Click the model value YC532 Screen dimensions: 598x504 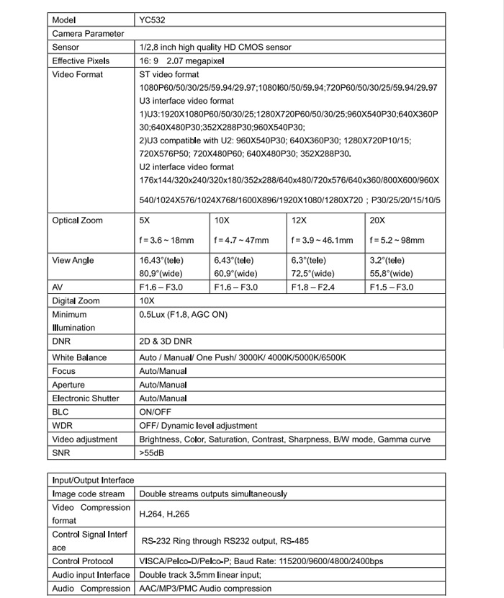(x=150, y=20)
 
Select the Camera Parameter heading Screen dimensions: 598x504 (x=88, y=34)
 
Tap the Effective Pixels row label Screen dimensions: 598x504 (x=81, y=61)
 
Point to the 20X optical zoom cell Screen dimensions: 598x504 (x=377, y=220)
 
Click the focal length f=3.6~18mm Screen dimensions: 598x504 (x=166, y=241)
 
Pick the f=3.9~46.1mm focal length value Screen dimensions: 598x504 (x=322, y=241)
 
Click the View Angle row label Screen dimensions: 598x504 (x=73, y=261)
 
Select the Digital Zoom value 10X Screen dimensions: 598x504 (x=147, y=301)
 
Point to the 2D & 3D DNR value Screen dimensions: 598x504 (x=166, y=342)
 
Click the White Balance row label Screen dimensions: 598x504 (x=79, y=357)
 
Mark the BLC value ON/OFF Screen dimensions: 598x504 (x=155, y=412)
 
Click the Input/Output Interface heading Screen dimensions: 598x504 (x=93, y=480)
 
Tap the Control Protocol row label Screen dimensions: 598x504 (x=82, y=561)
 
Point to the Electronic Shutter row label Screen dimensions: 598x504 (x=86, y=398)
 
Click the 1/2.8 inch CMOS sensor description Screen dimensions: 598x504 (x=215, y=48)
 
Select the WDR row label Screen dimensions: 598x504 (x=62, y=426)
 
